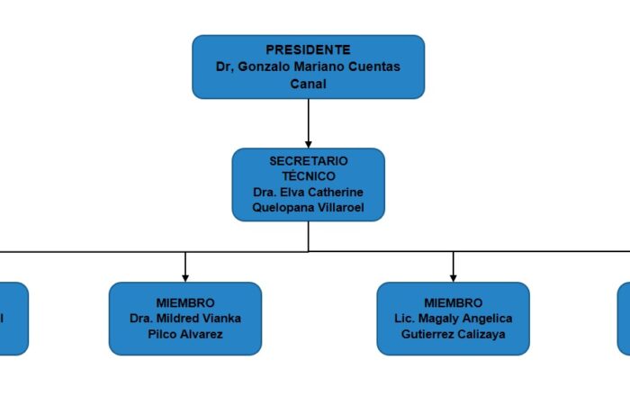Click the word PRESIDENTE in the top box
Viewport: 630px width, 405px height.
pyautogui.click(x=308, y=50)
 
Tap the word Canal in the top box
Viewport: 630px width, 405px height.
pyautogui.click(x=308, y=84)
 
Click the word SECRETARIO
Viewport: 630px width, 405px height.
pyautogui.click(x=308, y=161)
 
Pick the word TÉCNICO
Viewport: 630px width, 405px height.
pyautogui.click(x=308, y=176)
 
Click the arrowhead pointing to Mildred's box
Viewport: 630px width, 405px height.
pyautogui.click(x=185, y=277)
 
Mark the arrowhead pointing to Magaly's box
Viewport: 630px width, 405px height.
pyautogui.click(x=453, y=277)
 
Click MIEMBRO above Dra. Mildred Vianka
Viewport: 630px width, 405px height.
pyautogui.click(x=185, y=303)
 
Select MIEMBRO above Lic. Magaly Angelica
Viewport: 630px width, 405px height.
pyautogui.click(x=453, y=303)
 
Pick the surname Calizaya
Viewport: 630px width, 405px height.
pyautogui.click(x=479, y=335)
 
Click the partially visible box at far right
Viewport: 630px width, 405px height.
pyautogui.click(x=624, y=318)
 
